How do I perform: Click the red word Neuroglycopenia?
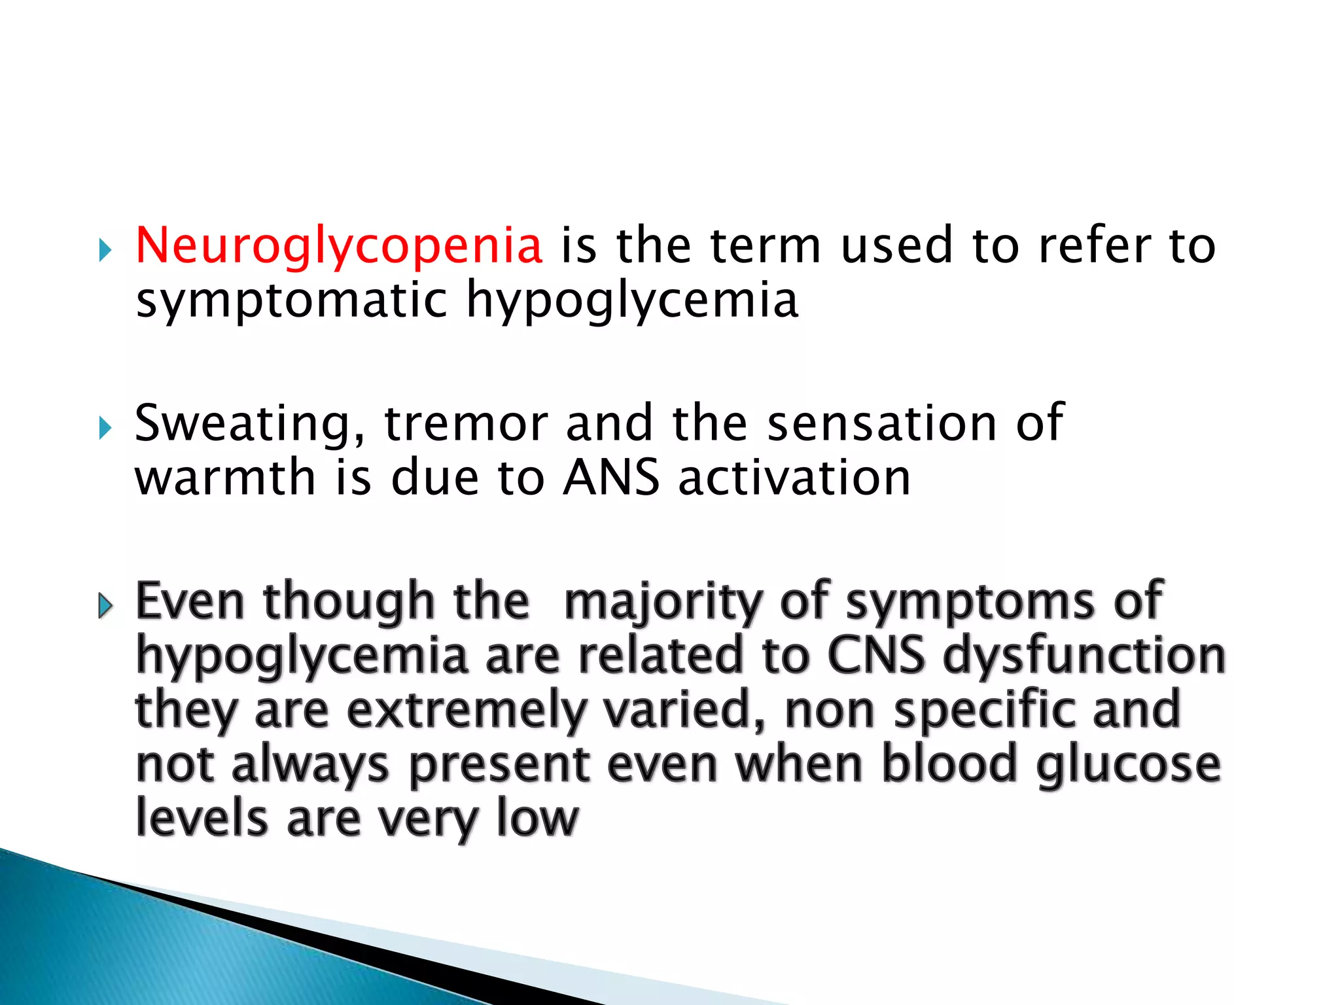pos(339,246)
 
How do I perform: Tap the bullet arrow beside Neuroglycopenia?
pos(105,250)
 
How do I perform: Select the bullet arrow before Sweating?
pos(105,429)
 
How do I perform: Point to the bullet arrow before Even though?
pos(105,607)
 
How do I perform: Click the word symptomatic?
pos(291,301)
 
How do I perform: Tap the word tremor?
pos(465,424)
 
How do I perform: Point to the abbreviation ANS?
pos(611,478)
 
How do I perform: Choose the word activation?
pos(794,478)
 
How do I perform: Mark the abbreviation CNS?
pos(876,656)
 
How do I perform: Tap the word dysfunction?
pos(1084,656)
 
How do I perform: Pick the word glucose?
pos(1129,766)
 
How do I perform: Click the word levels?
pos(202,818)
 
